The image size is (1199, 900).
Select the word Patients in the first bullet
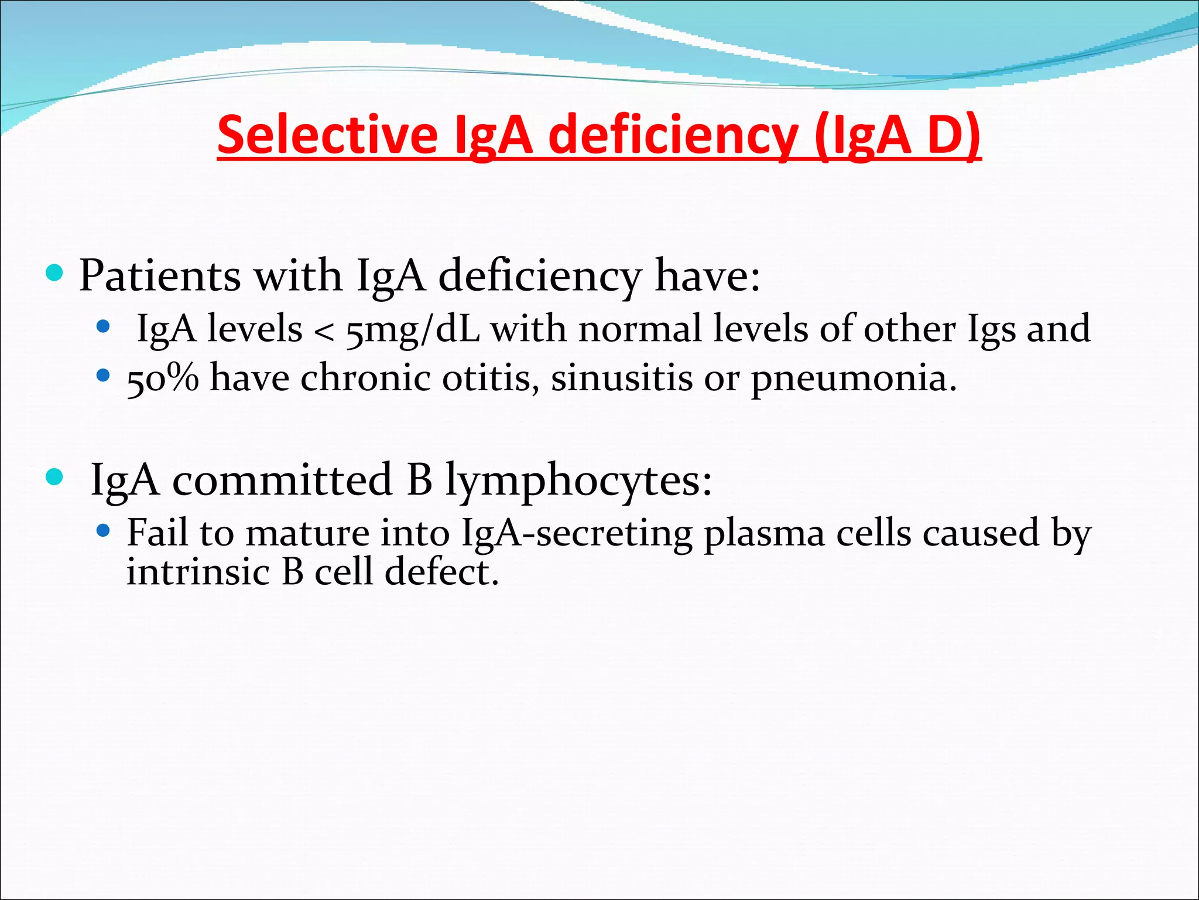pyautogui.click(x=159, y=275)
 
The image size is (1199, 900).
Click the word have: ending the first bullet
pyautogui.click(x=707, y=275)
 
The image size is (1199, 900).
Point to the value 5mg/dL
pyautogui.click(x=413, y=329)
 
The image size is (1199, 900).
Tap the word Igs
pyautogui.click(x=991, y=329)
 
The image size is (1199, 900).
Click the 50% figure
pyautogui.click(x=162, y=379)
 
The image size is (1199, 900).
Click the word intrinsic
pyautogui.click(x=198, y=572)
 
